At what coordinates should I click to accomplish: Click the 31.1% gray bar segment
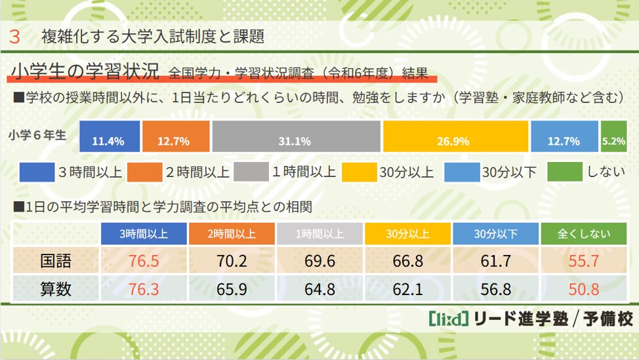click(x=296, y=136)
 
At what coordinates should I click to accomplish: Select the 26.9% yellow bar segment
click(x=455, y=136)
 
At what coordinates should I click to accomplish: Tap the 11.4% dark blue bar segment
click(x=110, y=136)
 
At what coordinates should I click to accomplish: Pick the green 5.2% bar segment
click(x=613, y=136)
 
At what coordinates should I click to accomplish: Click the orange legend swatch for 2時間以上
click(x=143, y=172)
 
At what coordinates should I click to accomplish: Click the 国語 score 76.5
click(x=144, y=261)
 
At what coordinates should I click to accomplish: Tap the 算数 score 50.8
click(x=583, y=288)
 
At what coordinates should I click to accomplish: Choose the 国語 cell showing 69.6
click(x=319, y=261)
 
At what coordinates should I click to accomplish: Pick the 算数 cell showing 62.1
click(x=407, y=288)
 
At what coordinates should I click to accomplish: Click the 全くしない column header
click(x=583, y=233)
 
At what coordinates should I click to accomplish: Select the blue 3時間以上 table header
click(x=144, y=233)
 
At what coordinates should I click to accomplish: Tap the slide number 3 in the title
click(x=14, y=36)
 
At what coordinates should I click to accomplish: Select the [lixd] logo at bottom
click(x=447, y=319)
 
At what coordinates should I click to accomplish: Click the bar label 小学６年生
click(x=38, y=135)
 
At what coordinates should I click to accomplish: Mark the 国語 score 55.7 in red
click(x=583, y=261)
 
